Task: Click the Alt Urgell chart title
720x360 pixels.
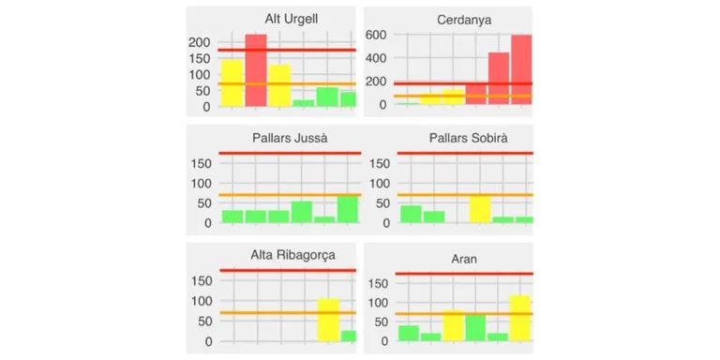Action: tap(292, 20)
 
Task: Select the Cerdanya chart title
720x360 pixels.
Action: tap(464, 21)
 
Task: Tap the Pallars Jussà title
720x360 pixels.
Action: tap(290, 138)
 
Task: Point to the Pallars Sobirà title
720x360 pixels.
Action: tap(469, 138)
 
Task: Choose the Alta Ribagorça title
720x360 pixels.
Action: tap(292, 256)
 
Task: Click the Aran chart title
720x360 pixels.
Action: tap(464, 259)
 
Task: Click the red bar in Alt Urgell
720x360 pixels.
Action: tap(256, 70)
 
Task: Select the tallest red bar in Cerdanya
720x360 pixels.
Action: tap(521, 69)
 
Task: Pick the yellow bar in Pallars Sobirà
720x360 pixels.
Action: tap(480, 209)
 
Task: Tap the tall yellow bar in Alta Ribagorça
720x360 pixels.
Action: tap(328, 320)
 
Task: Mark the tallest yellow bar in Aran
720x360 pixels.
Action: tap(519, 318)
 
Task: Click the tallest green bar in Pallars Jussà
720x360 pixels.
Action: tap(348, 210)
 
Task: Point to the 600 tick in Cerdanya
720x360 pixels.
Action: tap(376, 35)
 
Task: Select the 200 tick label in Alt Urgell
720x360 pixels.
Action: tap(200, 42)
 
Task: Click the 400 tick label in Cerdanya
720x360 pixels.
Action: tap(376, 58)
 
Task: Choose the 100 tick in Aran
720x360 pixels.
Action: tap(379, 303)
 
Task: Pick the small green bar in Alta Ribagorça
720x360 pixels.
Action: tap(349, 337)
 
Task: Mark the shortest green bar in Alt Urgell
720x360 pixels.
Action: tap(304, 103)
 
